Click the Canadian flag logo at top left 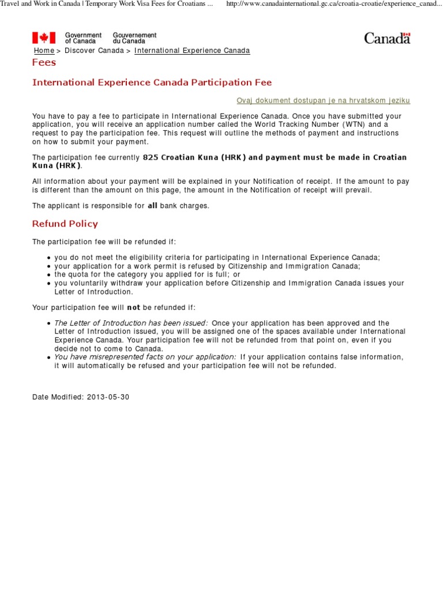(x=44, y=38)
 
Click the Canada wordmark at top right (x=387, y=38)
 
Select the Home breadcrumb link (x=44, y=51)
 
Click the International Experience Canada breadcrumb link (x=192, y=51)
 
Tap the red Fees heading (x=44, y=62)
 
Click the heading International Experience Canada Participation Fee (x=152, y=82)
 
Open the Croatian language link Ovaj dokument (x=323, y=101)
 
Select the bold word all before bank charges (x=152, y=206)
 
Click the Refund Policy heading (x=65, y=224)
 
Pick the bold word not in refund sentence (x=134, y=308)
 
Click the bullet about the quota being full (x=147, y=275)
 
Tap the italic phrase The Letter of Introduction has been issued (x=131, y=323)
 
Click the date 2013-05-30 (x=108, y=398)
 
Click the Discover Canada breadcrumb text (x=93, y=51)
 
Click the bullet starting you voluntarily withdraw (x=229, y=283)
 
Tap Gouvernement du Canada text (x=134, y=38)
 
